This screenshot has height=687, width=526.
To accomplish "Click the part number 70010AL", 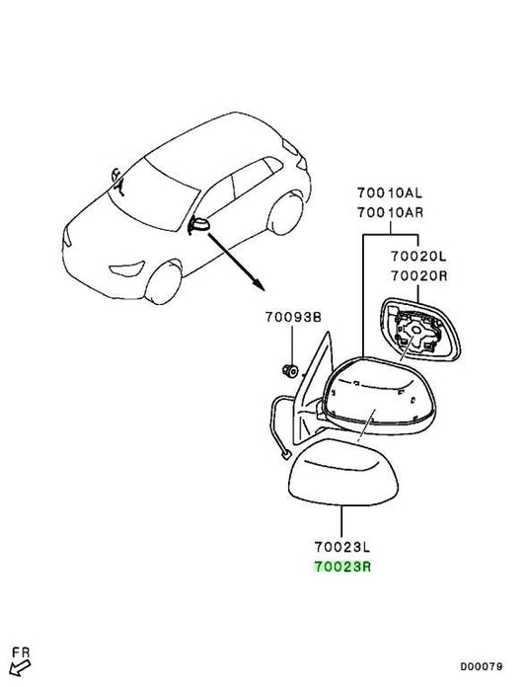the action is pyautogui.click(x=390, y=192).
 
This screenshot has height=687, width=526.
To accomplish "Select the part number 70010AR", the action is pyautogui.click(x=390, y=213).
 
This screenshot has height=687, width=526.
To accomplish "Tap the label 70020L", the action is pyautogui.click(x=418, y=256).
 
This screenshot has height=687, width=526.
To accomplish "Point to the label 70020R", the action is pyautogui.click(x=419, y=276).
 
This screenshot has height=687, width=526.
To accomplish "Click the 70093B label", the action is pyautogui.click(x=293, y=317).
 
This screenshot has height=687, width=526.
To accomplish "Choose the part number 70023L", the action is pyautogui.click(x=342, y=547).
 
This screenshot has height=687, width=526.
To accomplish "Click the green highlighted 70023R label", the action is pyautogui.click(x=342, y=567).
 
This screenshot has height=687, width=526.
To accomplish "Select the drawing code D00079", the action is pyautogui.click(x=481, y=666).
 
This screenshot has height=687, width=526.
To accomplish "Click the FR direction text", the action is pyautogui.click(x=21, y=652).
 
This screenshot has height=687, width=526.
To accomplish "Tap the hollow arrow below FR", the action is pyautogui.click(x=20, y=668).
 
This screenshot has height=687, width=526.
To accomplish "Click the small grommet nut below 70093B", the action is pyautogui.click(x=289, y=371).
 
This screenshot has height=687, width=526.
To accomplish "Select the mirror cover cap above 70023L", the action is pyautogui.click(x=342, y=472).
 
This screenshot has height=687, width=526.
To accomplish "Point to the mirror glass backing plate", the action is pyautogui.click(x=418, y=330).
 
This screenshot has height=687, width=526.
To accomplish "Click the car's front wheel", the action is pyautogui.click(x=164, y=282).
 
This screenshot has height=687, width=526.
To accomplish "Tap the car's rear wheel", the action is pyautogui.click(x=285, y=215).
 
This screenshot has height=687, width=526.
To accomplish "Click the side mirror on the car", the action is pyautogui.click(x=199, y=225).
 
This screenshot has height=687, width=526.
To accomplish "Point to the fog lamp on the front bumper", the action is pyautogui.click(x=127, y=268).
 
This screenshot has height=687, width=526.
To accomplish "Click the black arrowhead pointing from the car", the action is pyautogui.click(x=260, y=285).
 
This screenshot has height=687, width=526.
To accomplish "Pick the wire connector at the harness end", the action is pyautogui.click(x=286, y=455).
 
